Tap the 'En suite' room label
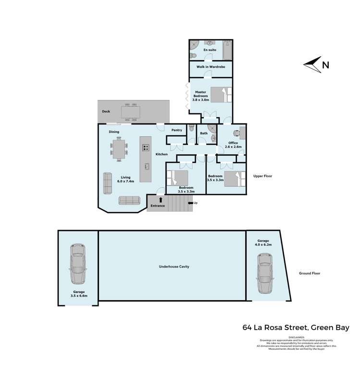click(x=210, y=50)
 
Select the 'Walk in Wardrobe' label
click(x=211, y=67)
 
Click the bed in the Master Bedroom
click(x=221, y=95)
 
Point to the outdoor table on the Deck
click(x=130, y=111)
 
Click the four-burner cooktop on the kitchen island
click(x=146, y=147)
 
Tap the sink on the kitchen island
click(x=147, y=166)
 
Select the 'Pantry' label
click(x=176, y=130)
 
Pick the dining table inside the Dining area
click(x=119, y=148)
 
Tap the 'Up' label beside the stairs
click(x=195, y=203)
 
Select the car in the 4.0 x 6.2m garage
click(x=264, y=273)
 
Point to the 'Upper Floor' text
click(x=262, y=176)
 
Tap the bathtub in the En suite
click(x=227, y=50)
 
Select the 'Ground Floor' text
click(x=310, y=273)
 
